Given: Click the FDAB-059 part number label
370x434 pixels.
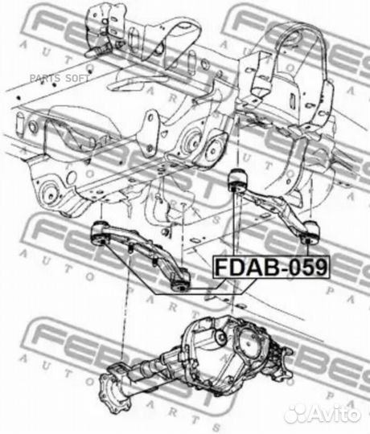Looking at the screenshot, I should click(270, 266).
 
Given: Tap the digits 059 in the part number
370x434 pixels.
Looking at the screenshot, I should click(307, 266).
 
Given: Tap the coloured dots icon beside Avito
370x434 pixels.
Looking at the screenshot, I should click(297, 412).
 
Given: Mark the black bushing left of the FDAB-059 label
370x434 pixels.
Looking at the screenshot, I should click(182, 280).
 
